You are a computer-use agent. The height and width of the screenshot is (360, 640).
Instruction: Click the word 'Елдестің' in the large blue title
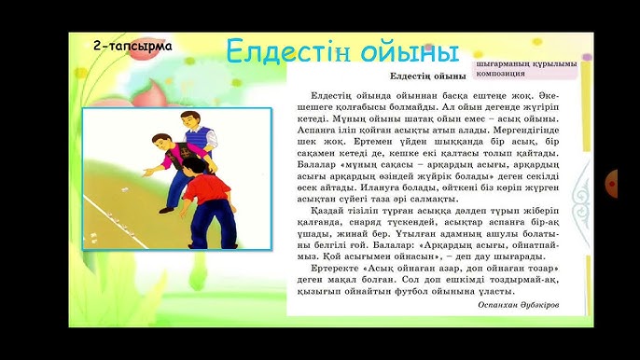301,50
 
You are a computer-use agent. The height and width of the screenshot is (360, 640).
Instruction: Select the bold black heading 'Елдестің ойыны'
427,76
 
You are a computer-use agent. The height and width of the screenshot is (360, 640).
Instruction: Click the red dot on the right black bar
612,177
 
